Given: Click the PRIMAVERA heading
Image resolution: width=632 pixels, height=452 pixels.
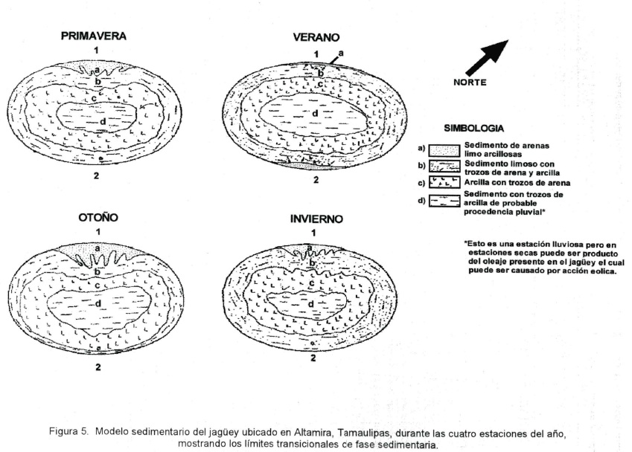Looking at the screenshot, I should point(95,35).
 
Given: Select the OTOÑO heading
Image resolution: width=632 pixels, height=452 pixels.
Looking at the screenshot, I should point(98,218).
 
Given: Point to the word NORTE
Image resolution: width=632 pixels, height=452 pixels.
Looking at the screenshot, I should point(470,83).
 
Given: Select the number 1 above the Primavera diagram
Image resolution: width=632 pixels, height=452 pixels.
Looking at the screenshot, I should point(96,49).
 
